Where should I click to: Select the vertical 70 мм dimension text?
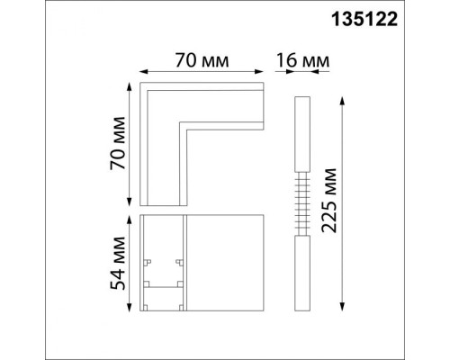tap(114, 145)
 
